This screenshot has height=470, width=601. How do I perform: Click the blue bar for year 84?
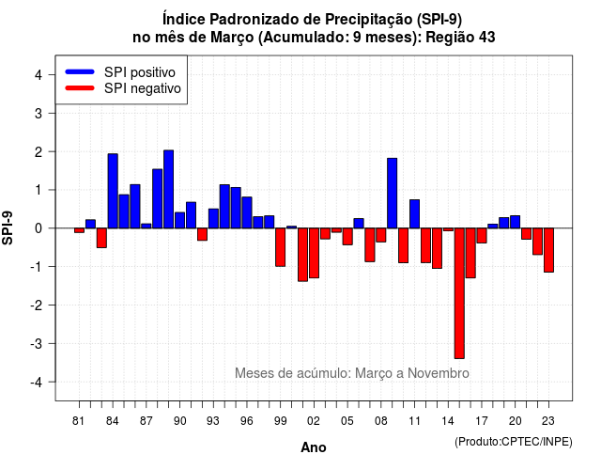point(113,191)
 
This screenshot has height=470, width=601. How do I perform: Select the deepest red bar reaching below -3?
point(459,293)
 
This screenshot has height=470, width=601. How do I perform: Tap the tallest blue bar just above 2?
point(169,189)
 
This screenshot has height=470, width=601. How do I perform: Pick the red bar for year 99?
point(280,247)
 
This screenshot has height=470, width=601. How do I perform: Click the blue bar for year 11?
point(414,213)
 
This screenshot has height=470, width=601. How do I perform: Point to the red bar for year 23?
point(548,250)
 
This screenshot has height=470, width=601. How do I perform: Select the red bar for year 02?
point(314,253)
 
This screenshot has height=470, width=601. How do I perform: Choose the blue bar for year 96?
point(247,212)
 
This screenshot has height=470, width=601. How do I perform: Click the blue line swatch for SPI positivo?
point(80,71)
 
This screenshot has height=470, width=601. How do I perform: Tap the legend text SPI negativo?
point(142,88)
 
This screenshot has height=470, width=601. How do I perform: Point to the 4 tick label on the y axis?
point(39,75)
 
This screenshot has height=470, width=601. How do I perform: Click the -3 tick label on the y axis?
point(37,343)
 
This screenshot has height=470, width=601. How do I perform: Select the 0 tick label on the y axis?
point(39,228)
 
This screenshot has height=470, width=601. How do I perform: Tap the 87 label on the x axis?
point(146,421)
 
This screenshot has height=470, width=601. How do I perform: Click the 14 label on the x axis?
point(448,421)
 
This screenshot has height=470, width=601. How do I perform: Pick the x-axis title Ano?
point(314,447)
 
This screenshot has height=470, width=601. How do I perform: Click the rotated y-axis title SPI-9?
point(8,227)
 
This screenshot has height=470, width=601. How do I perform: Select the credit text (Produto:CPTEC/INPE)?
point(514,442)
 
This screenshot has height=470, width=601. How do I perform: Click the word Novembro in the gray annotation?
point(439,373)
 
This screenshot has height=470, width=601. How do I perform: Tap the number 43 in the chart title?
point(486,38)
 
